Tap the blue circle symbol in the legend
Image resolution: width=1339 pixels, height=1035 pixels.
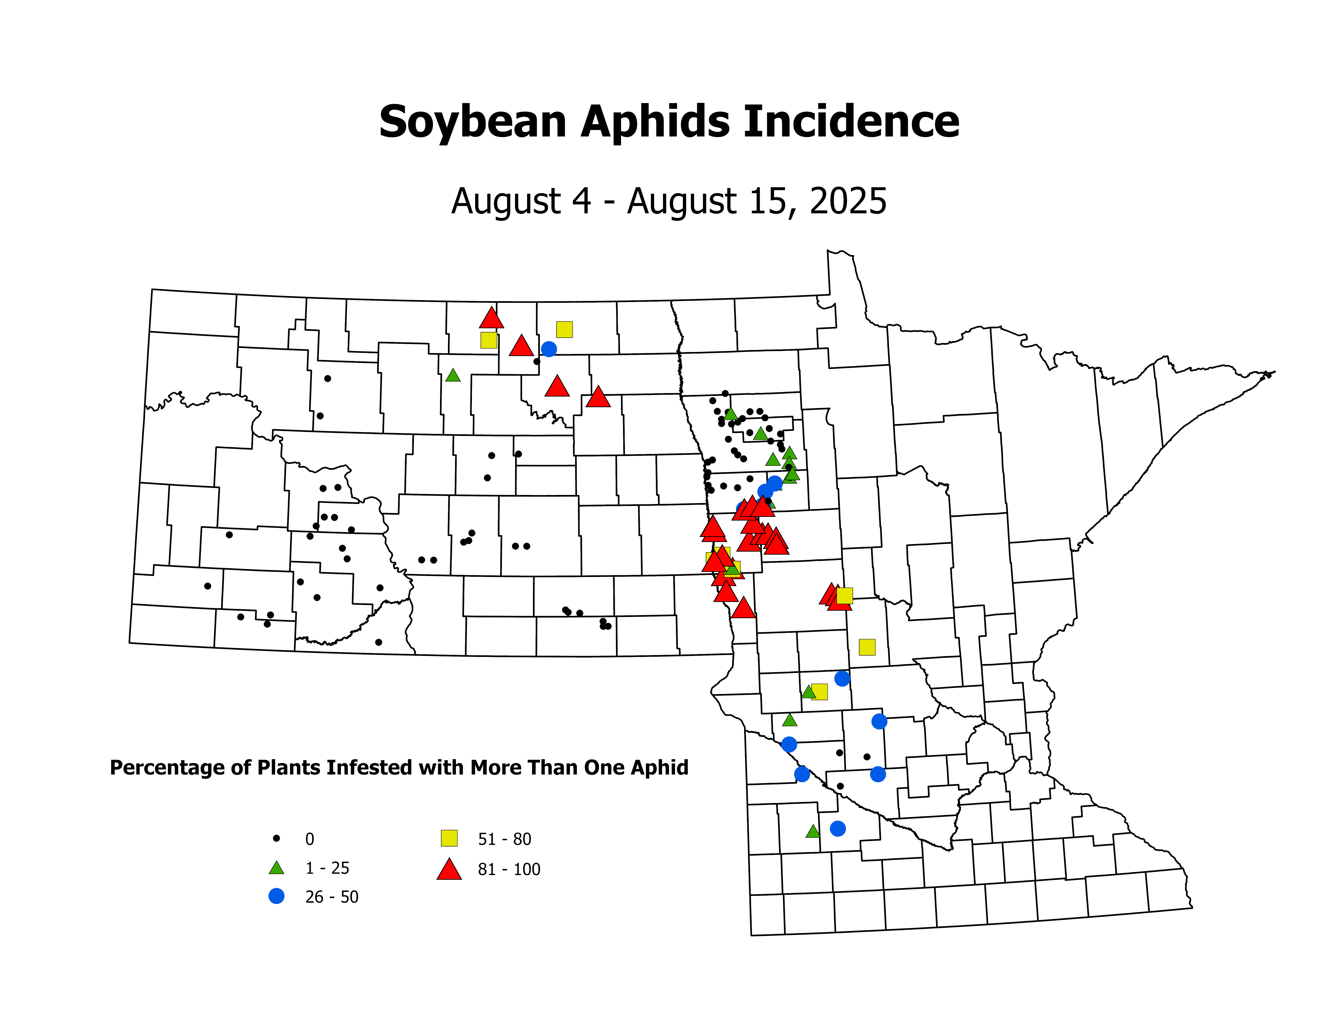coord(277,896)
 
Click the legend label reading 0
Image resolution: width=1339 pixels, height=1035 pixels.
coord(310,839)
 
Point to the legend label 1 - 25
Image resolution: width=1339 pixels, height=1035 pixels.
coord(327,868)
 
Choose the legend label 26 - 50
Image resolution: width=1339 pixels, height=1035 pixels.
coord(332,897)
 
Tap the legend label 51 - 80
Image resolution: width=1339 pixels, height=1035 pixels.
coord(505,839)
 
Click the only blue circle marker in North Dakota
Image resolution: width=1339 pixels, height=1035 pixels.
coord(549,349)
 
